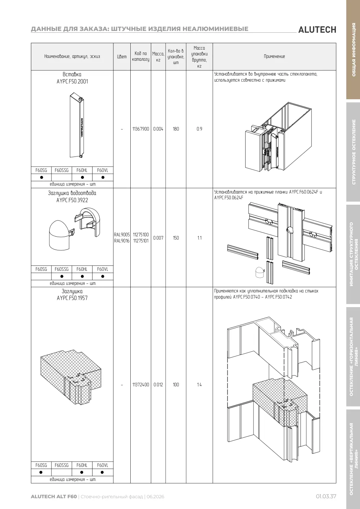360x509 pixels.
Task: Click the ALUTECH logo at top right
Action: point(317,30)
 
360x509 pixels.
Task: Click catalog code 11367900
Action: point(140,129)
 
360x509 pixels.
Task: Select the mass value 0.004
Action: point(158,129)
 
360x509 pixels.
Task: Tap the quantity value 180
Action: point(176,129)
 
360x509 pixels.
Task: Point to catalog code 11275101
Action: point(141,241)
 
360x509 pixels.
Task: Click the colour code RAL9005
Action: point(122,235)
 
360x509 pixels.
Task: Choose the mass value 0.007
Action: point(158,238)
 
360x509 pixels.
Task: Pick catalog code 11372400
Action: point(140,385)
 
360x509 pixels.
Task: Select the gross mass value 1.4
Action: point(199,385)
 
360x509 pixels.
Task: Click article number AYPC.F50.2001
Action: point(72,82)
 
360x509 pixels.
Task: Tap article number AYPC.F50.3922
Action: point(72,200)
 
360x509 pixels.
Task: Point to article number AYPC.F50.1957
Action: point(72,298)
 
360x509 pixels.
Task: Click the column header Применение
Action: point(274,56)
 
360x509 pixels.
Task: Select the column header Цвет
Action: point(122,56)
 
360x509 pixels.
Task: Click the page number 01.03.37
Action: point(326,496)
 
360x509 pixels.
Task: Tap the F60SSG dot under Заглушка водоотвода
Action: point(62,276)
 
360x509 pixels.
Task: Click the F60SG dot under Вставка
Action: point(41,177)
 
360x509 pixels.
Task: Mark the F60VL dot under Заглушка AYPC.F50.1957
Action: point(102,472)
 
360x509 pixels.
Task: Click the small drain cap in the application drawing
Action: point(260,272)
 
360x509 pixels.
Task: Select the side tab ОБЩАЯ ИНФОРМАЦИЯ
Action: point(354,50)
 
